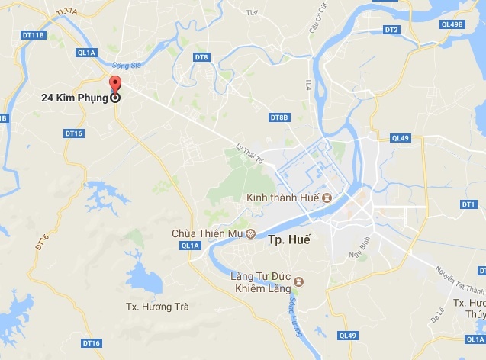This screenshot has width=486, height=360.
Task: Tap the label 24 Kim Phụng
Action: click(75, 98)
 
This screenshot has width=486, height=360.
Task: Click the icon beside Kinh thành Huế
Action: click(327, 198)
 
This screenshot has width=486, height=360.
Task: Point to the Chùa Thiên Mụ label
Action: click(208, 233)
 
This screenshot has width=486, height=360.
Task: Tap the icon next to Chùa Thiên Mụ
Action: click(249, 233)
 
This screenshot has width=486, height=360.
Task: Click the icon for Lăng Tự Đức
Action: click(299, 281)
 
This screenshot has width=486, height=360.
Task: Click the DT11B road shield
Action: click(34, 35)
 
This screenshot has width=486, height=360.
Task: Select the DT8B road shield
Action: click(279, 117)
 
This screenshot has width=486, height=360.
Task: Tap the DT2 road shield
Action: click(391, 30)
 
